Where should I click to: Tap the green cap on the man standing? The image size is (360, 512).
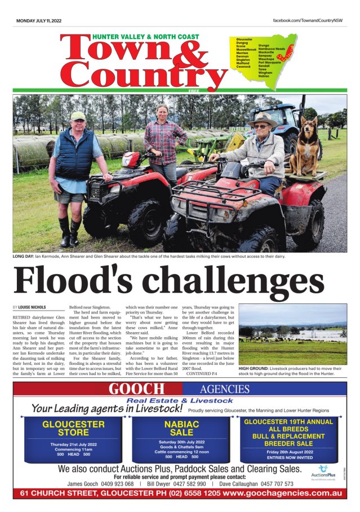(78, 116)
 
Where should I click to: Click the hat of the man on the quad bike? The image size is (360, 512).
(263, 119)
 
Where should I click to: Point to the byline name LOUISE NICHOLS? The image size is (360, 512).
(32, 307)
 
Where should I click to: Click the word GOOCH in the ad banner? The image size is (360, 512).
(137, 389)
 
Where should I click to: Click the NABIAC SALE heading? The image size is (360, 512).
(181, 428)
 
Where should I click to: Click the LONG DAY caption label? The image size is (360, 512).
(23, 257)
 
